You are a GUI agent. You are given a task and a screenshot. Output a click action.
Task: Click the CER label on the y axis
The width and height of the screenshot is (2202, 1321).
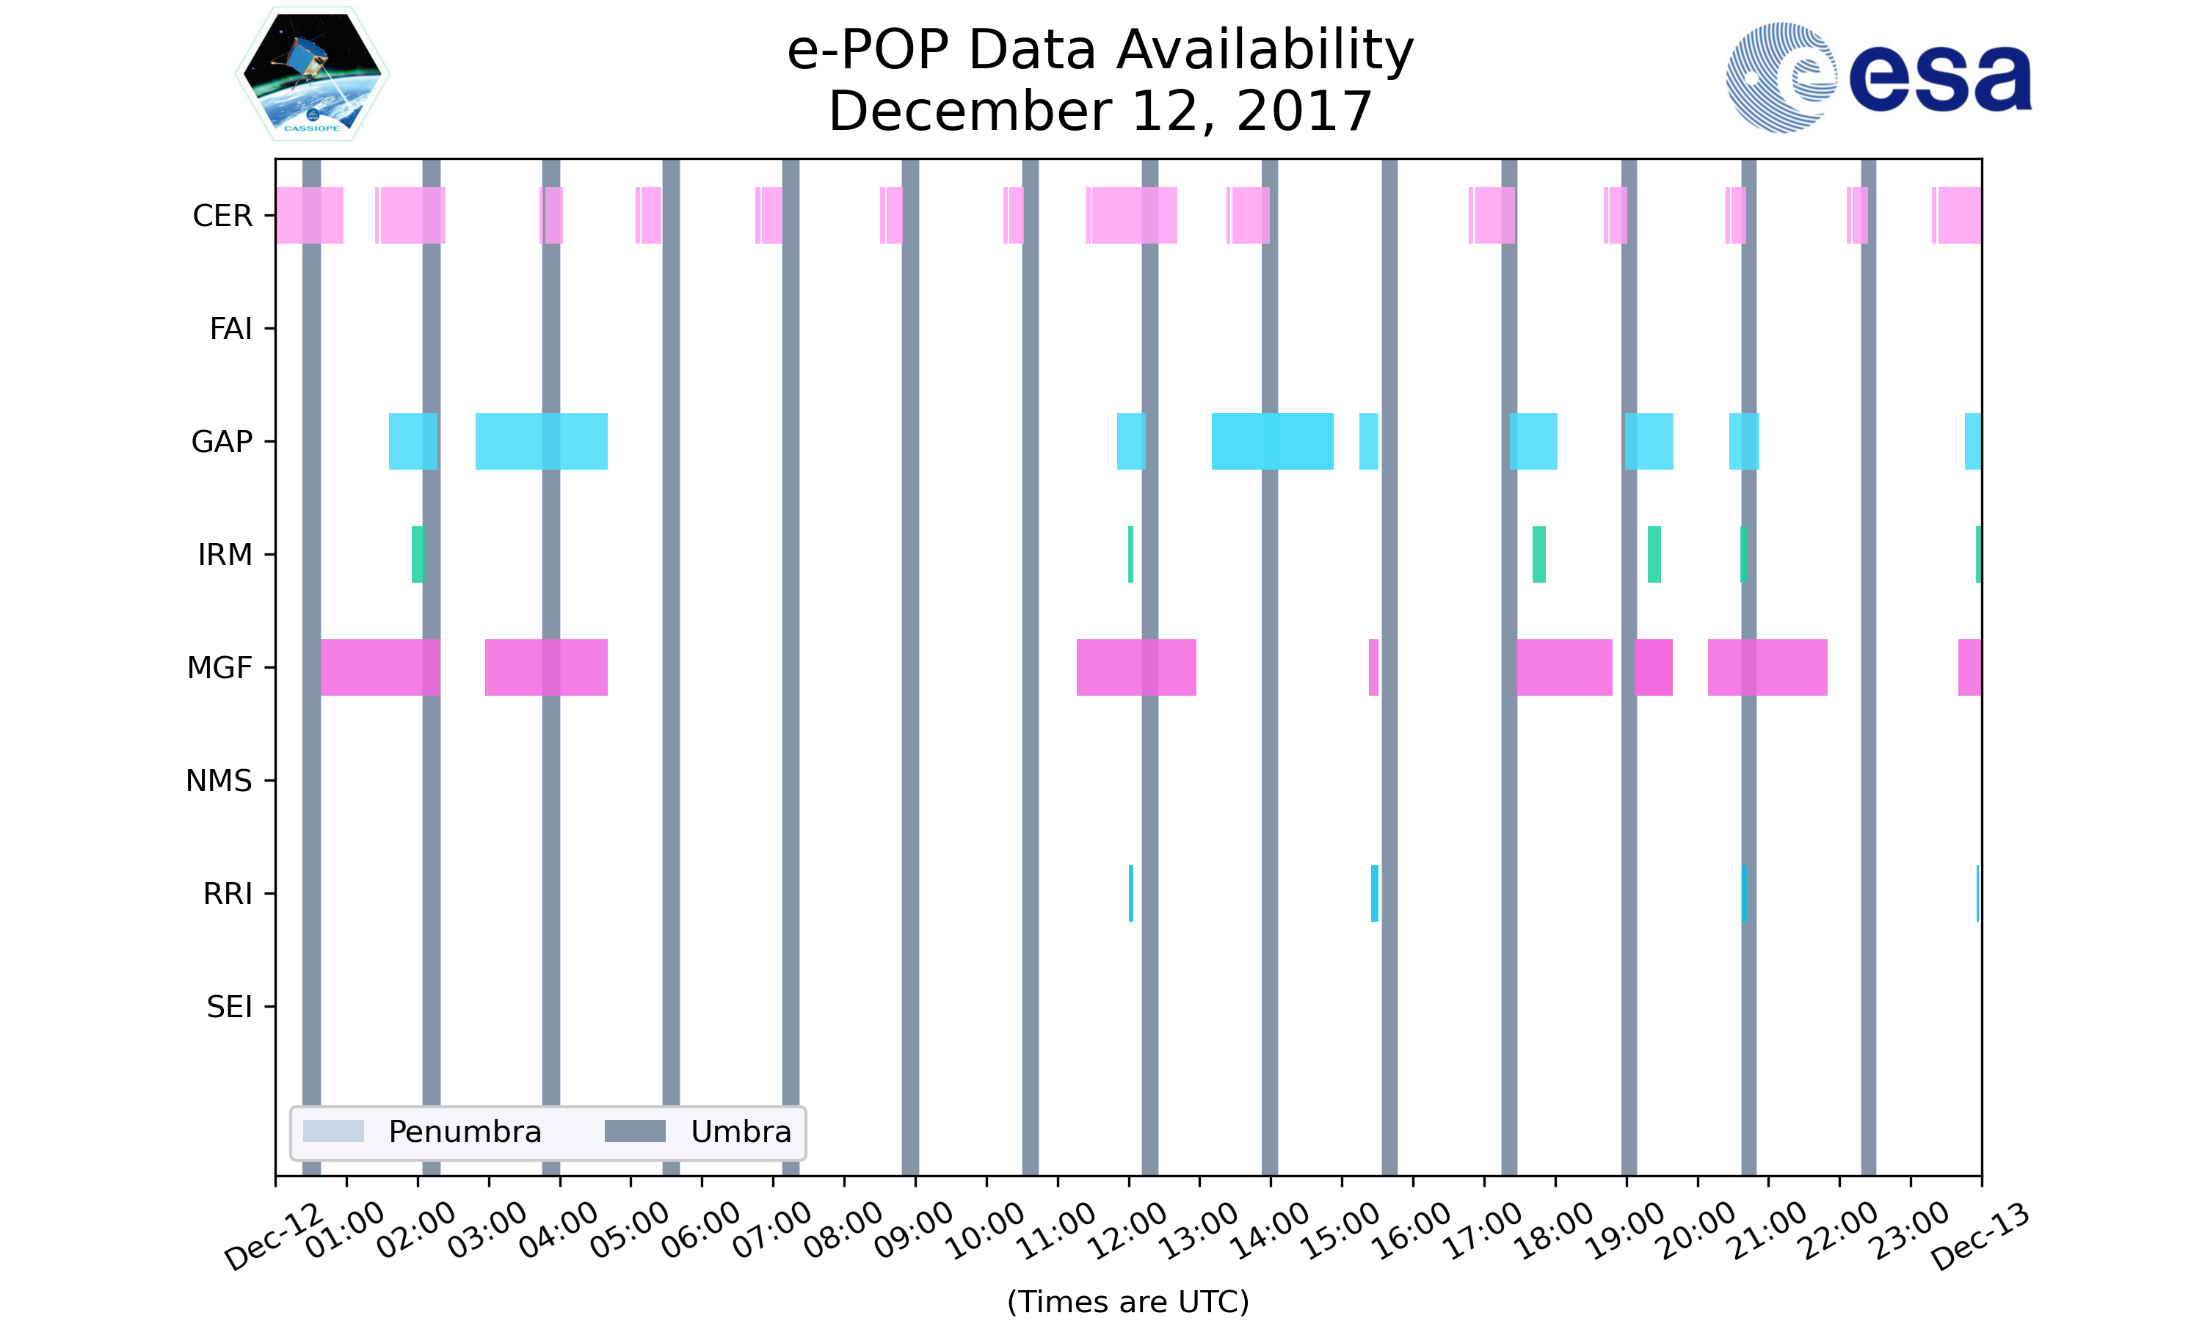click(x=222, y=216)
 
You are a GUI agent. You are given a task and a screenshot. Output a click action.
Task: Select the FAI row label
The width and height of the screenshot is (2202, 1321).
click(x=230, y=329)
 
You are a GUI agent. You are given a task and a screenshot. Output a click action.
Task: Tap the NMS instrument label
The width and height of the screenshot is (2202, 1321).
click(x=219, y=781)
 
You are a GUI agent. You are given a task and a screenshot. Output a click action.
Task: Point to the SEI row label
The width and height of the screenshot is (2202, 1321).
click(x=230, y=1007)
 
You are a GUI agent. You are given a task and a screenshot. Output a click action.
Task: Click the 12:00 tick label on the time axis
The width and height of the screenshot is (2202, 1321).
click(x=1129, y=1230)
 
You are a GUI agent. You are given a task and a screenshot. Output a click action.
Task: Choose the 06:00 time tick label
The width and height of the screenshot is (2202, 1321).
click(x=702, y=1230)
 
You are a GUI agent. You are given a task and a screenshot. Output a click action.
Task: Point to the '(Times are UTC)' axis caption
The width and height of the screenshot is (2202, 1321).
click(x=1127, y=1301)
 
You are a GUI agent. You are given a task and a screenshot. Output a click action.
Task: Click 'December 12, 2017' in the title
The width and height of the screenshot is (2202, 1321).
click(x=1100, y=112)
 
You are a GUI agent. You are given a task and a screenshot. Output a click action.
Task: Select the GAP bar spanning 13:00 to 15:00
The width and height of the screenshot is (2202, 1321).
click(x=1273, y=442)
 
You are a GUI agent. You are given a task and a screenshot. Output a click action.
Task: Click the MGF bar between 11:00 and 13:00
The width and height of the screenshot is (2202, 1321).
click(x=1137, y=668)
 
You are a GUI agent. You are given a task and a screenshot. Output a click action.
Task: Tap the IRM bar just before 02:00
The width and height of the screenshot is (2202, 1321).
click(x=418, y=555)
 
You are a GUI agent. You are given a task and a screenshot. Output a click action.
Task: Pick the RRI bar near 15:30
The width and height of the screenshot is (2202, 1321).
click(x=1374, y=894)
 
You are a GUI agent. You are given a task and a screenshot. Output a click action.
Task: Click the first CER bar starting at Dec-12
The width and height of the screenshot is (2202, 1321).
click(x=310, y=216)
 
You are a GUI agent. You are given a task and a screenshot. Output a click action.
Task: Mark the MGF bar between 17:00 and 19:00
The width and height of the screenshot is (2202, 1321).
click(x=1565, y=668)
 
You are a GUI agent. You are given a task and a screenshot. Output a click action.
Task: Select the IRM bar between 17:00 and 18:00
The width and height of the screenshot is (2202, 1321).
click(x=1539, y=555)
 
